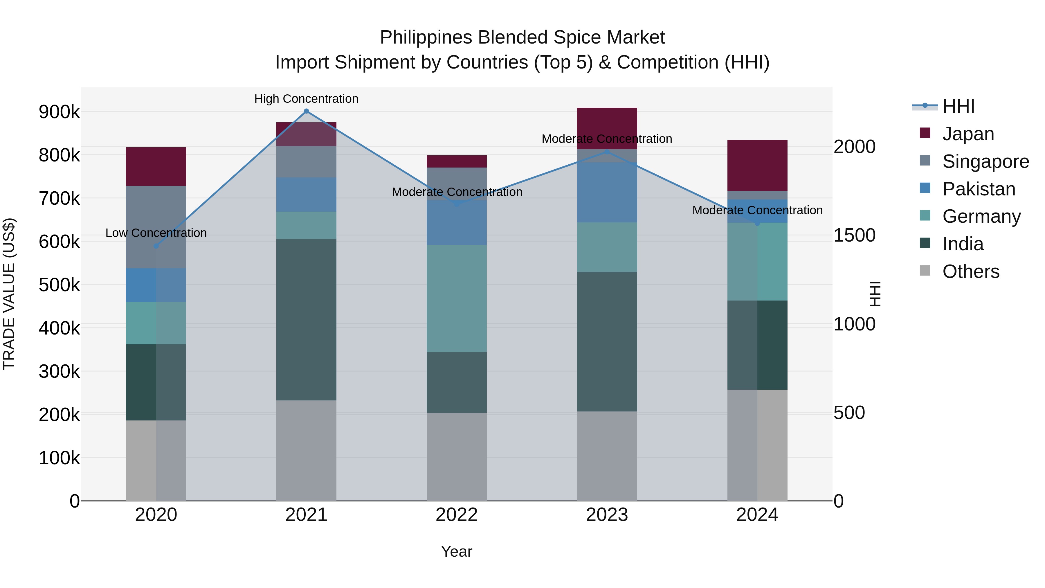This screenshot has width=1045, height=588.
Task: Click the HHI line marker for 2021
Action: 306,111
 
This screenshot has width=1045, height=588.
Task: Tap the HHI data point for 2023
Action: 607,152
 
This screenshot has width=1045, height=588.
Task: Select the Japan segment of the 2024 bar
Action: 757,165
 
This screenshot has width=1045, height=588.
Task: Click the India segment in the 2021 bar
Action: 306,319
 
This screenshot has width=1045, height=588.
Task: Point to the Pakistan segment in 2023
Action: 607,192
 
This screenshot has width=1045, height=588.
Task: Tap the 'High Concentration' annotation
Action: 306,99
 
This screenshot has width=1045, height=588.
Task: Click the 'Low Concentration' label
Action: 156,233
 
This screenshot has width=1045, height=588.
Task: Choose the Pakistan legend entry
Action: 979,189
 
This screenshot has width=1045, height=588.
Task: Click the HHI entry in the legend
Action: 958,106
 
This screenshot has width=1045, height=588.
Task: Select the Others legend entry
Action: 971,271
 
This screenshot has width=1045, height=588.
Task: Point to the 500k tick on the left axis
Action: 59,285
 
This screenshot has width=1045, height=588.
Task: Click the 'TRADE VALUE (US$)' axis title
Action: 9,294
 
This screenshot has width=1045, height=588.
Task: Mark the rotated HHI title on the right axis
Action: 875,294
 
